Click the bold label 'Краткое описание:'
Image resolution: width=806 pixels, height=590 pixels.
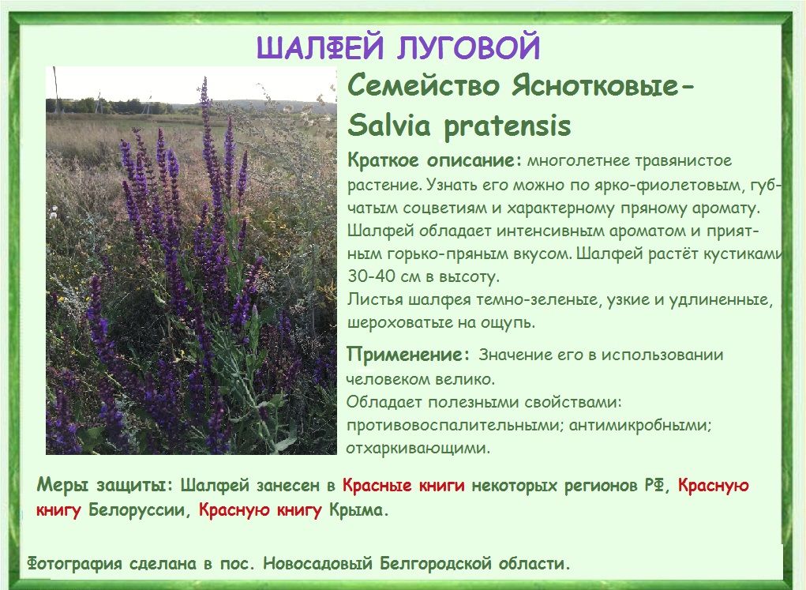coord(434,160)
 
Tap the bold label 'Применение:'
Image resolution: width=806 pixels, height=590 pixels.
coord(408,355)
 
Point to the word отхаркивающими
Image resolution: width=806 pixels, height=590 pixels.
coord(418,448)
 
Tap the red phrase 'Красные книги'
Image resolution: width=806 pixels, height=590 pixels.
coord(403,485)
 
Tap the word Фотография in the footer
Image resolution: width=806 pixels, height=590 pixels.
coord(74,564)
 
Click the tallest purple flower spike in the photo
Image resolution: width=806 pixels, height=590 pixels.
coord(207,133)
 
